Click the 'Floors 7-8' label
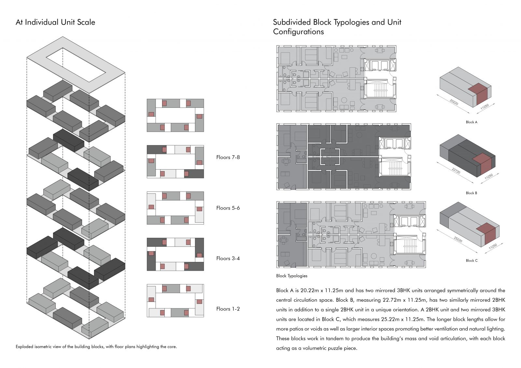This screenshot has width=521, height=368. (x=228, y=157)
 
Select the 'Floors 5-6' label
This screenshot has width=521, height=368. (x=228, y=208)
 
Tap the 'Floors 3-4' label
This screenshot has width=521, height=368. (x=228, y=258)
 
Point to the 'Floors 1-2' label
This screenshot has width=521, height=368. (x=228, y=309)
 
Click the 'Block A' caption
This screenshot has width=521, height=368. (x=472, y=122)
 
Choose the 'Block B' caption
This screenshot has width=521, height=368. (x=472, y=193)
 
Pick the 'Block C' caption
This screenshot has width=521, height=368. (x=472, y=261)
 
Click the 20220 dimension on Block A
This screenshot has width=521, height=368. (x=454, y=102)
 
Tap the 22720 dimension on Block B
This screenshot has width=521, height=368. (x=456, y=171)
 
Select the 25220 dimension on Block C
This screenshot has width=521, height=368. (x=458, y=239)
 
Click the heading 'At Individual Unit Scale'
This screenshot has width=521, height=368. (x=55, y=22)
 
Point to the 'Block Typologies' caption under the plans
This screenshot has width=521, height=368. (x=292, y=276)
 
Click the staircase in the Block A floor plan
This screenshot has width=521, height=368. (x=380, y=90)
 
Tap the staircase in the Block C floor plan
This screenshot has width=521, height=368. (x=409, y=246)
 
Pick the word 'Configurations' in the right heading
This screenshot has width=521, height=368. (x=298, y=32)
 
